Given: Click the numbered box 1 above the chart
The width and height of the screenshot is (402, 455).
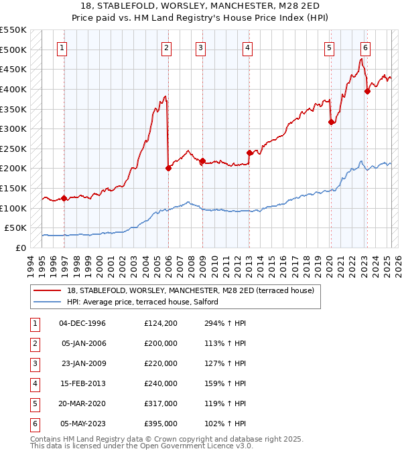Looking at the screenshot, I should (x=62, y=48).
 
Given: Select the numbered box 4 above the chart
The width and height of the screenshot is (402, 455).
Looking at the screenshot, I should (x=247, y=48).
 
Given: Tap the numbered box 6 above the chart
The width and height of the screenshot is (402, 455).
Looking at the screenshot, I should (x=365, y=48).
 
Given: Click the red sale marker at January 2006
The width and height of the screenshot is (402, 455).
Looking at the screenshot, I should (x=168, y=168).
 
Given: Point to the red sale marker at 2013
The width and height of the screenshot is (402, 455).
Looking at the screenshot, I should (x=249, y=153).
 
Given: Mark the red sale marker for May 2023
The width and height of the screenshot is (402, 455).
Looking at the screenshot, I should (x=367, y=92).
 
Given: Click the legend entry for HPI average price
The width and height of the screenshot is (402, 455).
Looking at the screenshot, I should (x=142, y=302).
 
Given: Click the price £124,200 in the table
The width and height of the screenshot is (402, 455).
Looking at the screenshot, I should (x=160, y=323).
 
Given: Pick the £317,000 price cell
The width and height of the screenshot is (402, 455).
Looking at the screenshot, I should (x=160, y=403).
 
